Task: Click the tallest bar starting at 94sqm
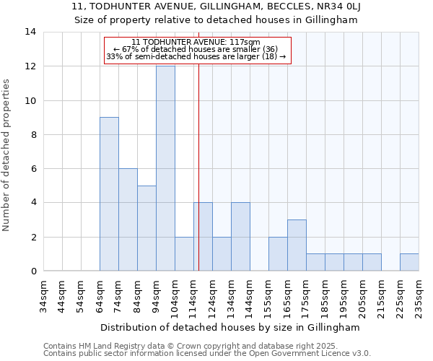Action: pyautogui.click(x=165, y=168)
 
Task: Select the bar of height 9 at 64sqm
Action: pyautogui.click(x=109, y=194)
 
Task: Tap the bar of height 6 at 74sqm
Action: pyautogui.click(x=128, y=219)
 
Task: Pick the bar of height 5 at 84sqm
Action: pyautogui.click(x=146, y=228)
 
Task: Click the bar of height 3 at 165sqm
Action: pyautogui.click(x=297, y=245)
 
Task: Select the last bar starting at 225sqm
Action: pyautogui.click(x=409, y=263)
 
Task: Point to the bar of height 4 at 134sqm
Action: pyautogui.click(x=240, y=237)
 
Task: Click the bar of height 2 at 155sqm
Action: pyautogui.click(x=278, y=254)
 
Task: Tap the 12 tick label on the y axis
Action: pyautogui.click(x=30, y=66)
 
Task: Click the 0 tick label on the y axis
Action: pyautogui.click(x=32, y=271)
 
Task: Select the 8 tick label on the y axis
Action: pyautogui.click(x=32, y=135)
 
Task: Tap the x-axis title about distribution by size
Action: pyautogui.click(x=230, y=327)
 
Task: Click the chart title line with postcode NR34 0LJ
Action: pyautogui.click(x=216, y=7)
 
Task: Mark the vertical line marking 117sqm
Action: pyautogui.click(x=198, y=166)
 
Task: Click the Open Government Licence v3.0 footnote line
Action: pyautogui.click(x=207, y=354)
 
